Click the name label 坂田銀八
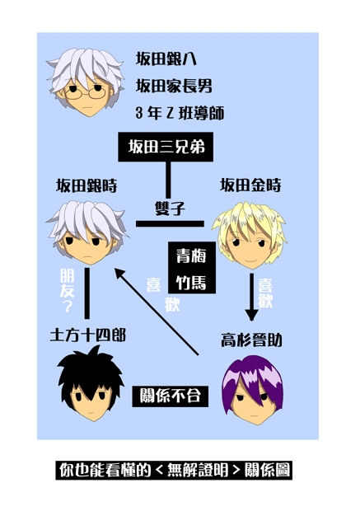tap(166, 59)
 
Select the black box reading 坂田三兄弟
tap(166, 147)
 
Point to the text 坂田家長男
tap(174, 87)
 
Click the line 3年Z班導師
tap(180, 114)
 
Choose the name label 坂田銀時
tap(86, 186)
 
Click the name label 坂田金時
tap(250, 185)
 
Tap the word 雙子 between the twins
tap(170, 209)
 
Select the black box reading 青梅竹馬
tap(192, 268)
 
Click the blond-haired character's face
tap(250, 248)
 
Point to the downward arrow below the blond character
tap(251, 297)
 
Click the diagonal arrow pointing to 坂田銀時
tap(157, 312)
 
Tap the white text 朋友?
tap(67, 290)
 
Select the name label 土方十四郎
tap(88, 335)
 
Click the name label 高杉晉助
tap(251, 340)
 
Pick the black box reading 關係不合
tap(170, 396)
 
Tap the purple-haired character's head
tap(252, 390)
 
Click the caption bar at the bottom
tap(174, 470)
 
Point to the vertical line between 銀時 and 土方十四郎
tap(86, 293)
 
